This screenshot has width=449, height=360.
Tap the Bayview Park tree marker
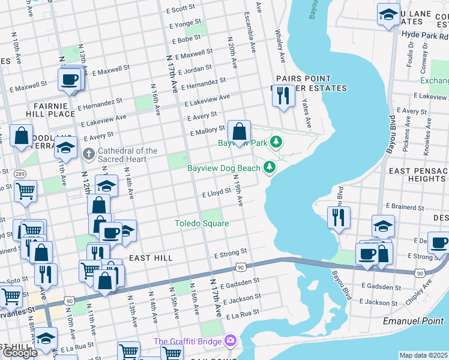coord(276,142)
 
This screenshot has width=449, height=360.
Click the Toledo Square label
coord(202,224)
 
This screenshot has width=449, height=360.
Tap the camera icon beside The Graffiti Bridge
coord(229,341)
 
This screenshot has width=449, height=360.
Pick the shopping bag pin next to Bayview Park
coord(239,132)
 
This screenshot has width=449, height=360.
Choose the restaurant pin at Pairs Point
coord(283,96)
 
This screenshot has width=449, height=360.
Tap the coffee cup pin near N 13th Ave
coord(70,80)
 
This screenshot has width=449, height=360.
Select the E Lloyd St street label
coord(217,194)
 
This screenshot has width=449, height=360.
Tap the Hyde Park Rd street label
coord(424,35)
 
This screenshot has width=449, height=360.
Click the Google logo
coord(20,353)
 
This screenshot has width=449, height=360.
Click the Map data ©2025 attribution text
coord(423,355)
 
